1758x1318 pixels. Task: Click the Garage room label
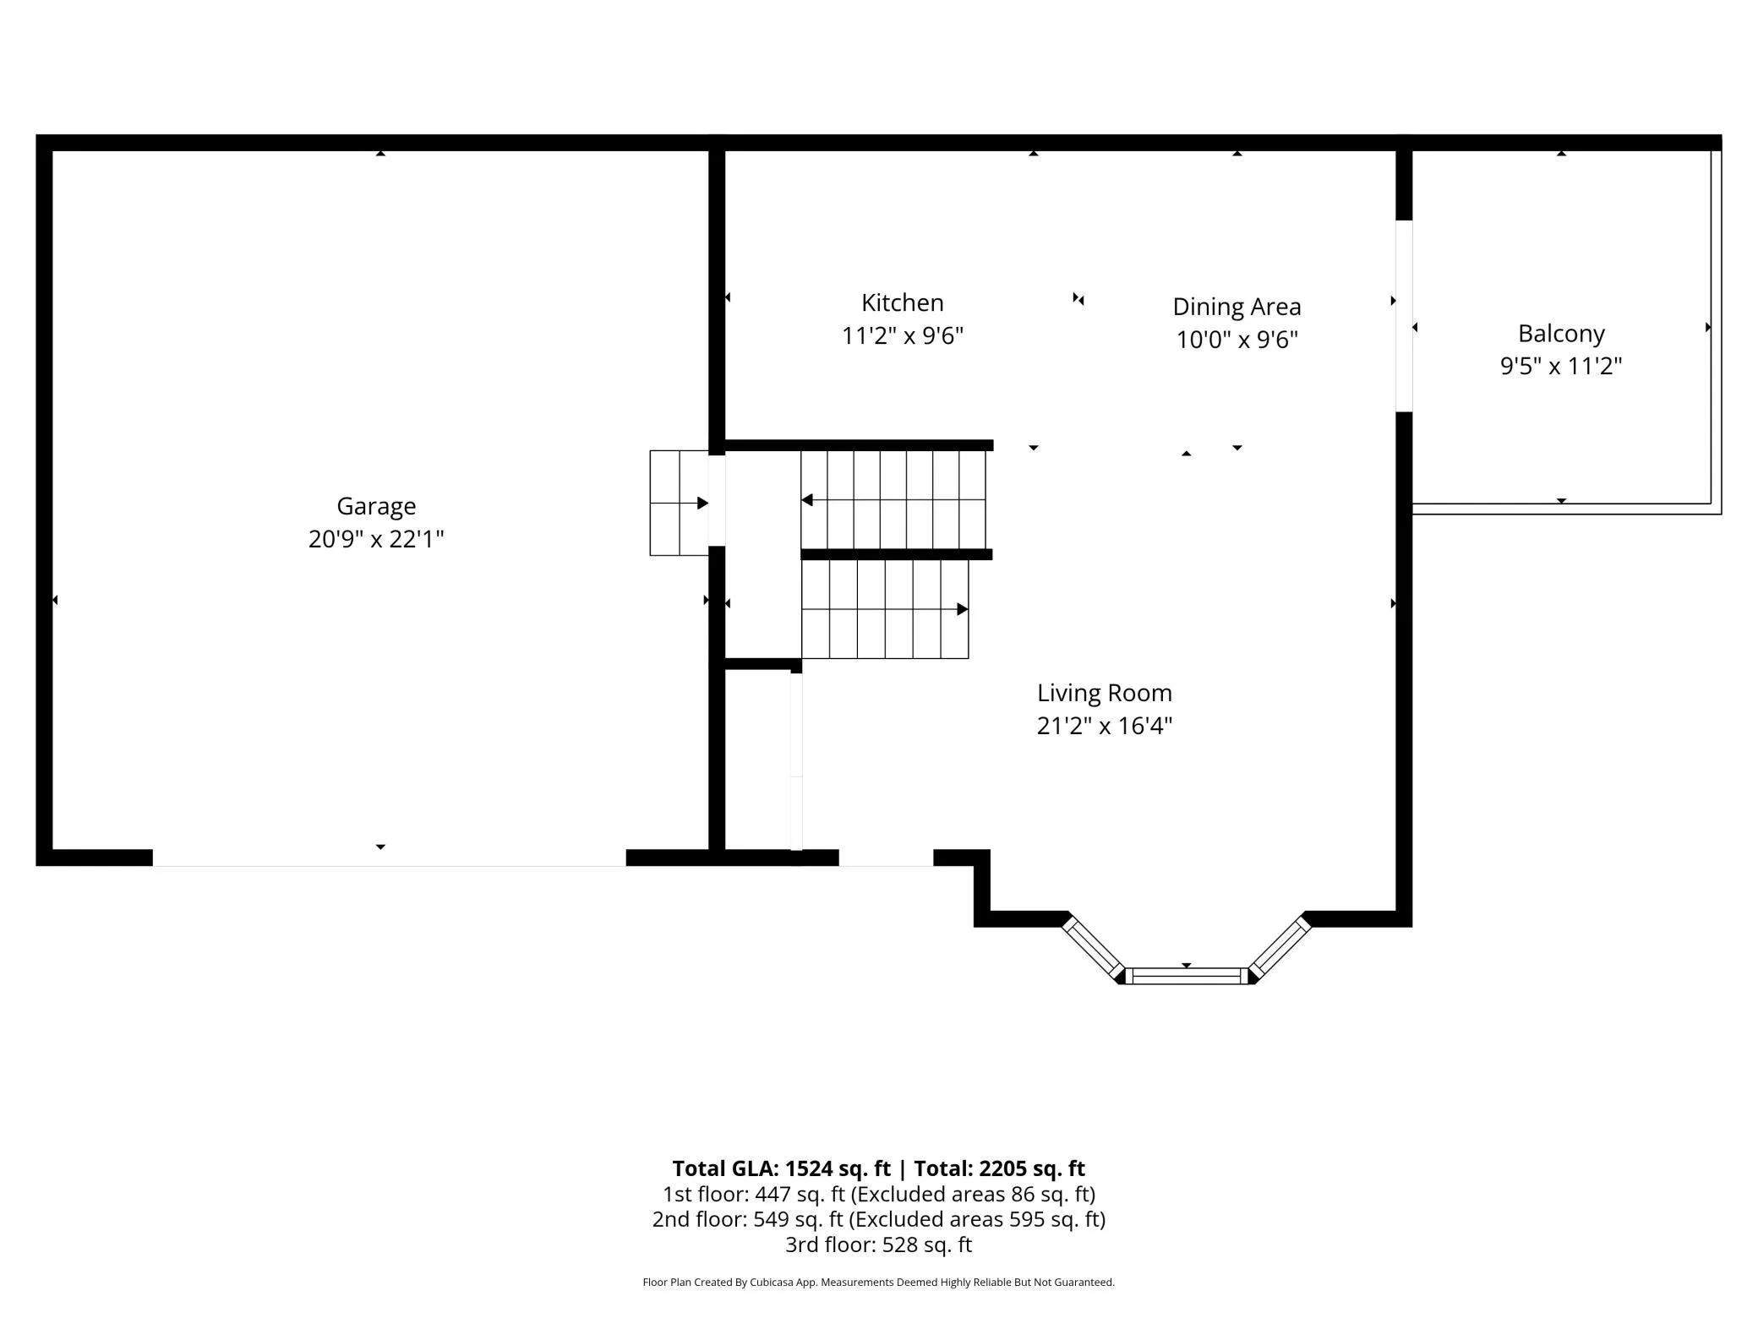click(x=376, y=506)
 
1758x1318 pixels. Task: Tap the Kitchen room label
click(x=903, y=302)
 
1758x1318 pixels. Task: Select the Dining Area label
click(x=1237, y=307)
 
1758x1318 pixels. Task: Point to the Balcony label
click(x=1561, y=334)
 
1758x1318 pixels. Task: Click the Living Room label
click(x=1105, y=693)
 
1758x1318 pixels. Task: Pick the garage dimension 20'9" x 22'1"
click(x=376, y=539)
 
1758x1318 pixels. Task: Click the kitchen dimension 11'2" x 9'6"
click(x=903, y=336)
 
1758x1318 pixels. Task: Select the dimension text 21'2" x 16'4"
click(x=1105, y=726)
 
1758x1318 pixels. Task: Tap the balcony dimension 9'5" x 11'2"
click(x=1561, y=366)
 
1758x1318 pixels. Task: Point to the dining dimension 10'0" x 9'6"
click(x=1237, y=340)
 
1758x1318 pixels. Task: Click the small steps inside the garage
click(x=679, y=503)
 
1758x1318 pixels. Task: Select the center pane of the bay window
click(x=1187, y=976)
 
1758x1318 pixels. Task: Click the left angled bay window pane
click(x=1093, y=948)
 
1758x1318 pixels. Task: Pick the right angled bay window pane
click(x=1280, y=948)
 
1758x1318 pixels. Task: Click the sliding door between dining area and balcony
click(x=1404, y=316)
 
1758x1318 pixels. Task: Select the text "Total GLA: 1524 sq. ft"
click(x=781, y=1168)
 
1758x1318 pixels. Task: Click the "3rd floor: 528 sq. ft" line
click(x=879, y=1244)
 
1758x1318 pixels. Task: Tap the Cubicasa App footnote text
click(x=879, y=1283)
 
